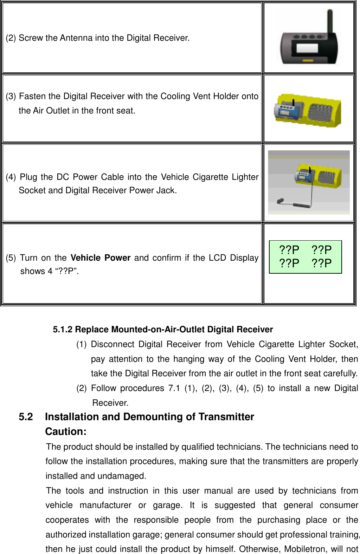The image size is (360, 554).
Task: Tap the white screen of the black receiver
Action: pyautogui.click(x=307, y=48)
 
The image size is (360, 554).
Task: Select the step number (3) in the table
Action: pyautogui.click(x=11, y=96)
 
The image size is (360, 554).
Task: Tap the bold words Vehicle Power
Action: pyautogui.click(x=101, y=258)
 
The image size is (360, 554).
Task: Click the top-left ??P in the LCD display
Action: pyautogui.click(x=289, y=250)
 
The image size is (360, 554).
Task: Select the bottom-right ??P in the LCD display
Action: pyautogui.click(x=322, y=263)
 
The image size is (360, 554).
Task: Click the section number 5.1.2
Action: pyautogui.click(x=63, y=330)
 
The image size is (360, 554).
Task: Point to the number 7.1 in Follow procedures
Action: pyautogui.click(x=174, y=388)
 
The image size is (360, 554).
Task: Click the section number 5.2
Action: pyautogui.click(x=26, y=417)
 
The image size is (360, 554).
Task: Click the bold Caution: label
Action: pyautogui.click(x=66, y=431)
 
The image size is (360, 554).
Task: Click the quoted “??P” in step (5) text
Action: pyautogui.click(x=66, y=271)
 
